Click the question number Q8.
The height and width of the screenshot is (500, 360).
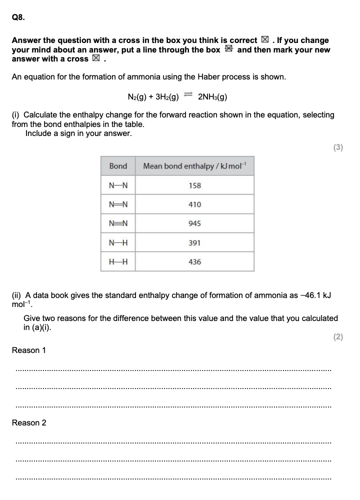coord(18,17)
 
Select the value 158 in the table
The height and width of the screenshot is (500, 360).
coord(194,185)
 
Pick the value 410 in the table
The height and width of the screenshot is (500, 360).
coord(194,204)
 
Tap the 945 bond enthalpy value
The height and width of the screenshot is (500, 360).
coord(194,223)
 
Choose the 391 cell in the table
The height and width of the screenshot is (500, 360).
coord(194,242)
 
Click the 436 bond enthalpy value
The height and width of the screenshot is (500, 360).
coord(194,261)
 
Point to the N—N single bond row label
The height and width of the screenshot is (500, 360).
coord(118,185)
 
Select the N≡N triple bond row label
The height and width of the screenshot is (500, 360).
coord(118,223)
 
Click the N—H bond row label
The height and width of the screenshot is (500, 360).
coord(118,242)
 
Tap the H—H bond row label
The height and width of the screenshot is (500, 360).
coord(118,261)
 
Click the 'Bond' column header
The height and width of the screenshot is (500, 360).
coord(118,166)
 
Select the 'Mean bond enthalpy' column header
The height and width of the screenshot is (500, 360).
coord(194,166)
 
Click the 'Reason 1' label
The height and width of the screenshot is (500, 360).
coord(28,350)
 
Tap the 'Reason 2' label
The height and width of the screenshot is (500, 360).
coord(28,422)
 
